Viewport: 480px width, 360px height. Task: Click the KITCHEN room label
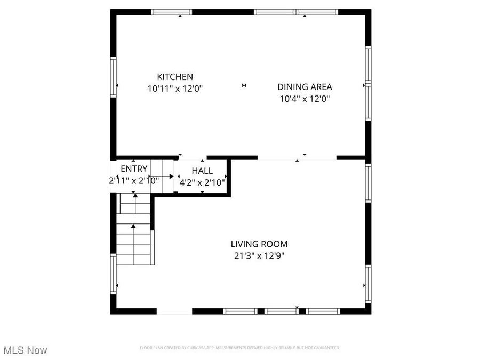coord(175,77)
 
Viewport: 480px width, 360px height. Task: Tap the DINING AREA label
coord(305,87)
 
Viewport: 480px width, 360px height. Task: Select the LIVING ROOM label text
coord(259,244)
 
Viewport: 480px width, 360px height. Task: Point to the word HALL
coord(202,171)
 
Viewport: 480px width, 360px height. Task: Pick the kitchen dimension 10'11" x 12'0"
coord(175,89)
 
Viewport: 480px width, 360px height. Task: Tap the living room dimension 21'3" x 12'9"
coord(259,256)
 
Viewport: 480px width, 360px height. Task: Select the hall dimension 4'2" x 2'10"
coord(202,182)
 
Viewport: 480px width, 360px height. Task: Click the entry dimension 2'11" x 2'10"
coord(133,181)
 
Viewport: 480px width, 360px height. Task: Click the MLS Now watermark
coord(26,350)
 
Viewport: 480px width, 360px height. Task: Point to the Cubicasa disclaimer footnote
coord(239,348)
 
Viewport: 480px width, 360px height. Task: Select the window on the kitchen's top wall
coord(171,12)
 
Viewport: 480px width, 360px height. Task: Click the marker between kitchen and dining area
coord(244,85)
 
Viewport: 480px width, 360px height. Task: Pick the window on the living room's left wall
coord(113,274)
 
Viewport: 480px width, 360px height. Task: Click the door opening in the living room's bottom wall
coord(174,311)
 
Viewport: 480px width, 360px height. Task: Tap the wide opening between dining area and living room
coord(297,158)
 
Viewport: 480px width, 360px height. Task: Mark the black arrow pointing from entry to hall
coord(171,176)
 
